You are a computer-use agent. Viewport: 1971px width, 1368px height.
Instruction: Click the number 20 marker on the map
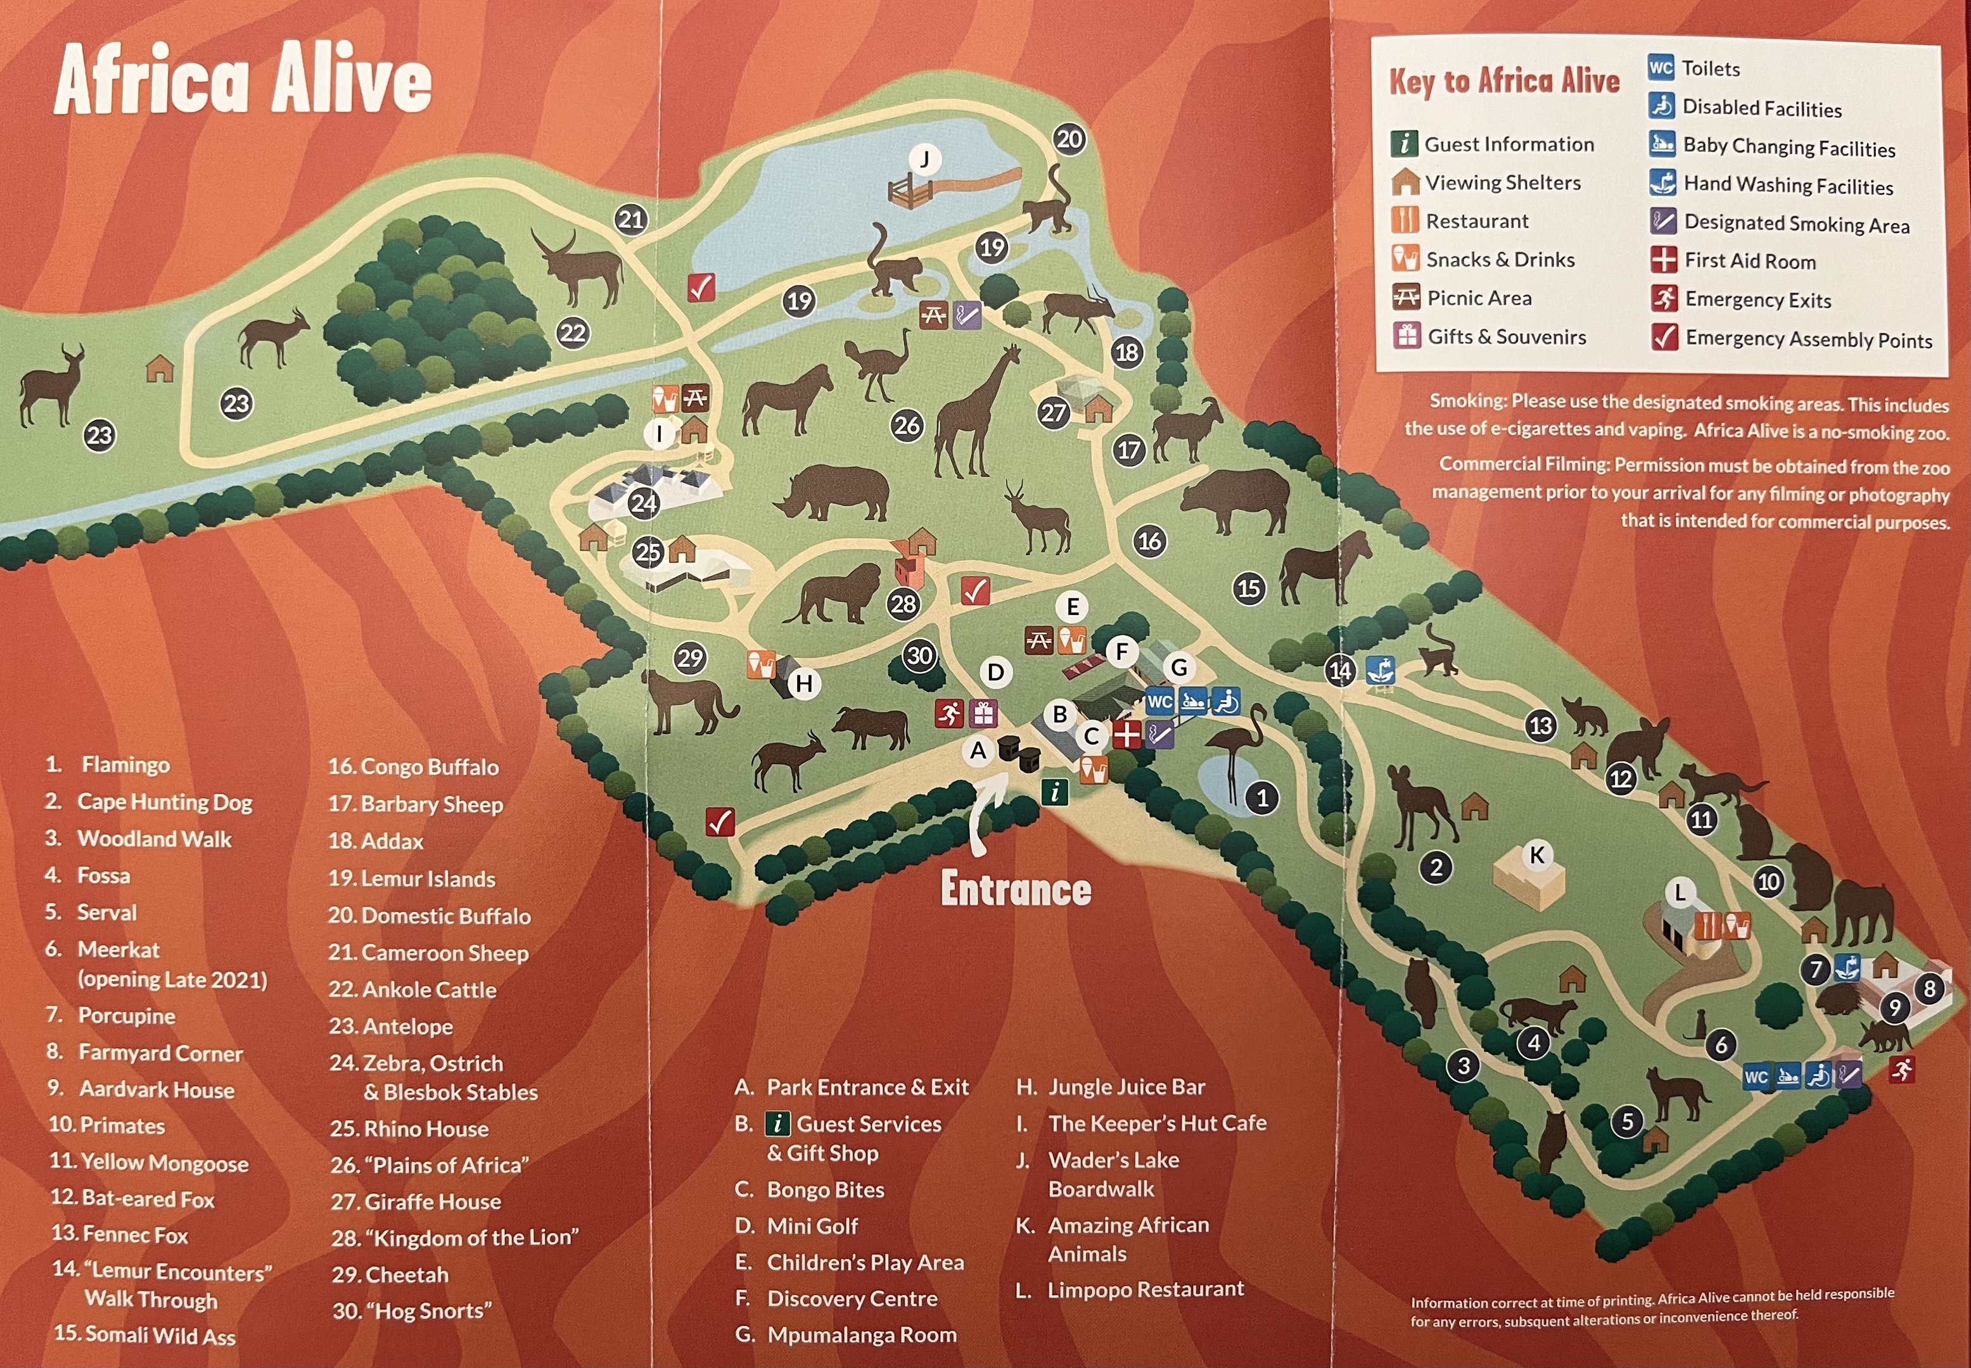[1069, 139]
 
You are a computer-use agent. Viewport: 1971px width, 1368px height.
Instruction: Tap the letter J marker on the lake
[924, 160]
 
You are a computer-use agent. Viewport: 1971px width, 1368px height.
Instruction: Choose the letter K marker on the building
[1536, 854]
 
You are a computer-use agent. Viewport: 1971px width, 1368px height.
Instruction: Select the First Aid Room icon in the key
[1663, 260]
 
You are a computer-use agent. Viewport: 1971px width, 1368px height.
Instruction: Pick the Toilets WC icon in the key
[1661, 68]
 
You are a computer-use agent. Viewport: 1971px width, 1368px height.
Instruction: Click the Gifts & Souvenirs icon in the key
[1406, 336]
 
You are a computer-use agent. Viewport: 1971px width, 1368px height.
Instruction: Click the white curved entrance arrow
[986, 810]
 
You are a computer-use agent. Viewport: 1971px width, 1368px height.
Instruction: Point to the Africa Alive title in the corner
[243, 80]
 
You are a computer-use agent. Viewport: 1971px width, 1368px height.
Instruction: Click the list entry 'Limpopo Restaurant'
[1145, 1289]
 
